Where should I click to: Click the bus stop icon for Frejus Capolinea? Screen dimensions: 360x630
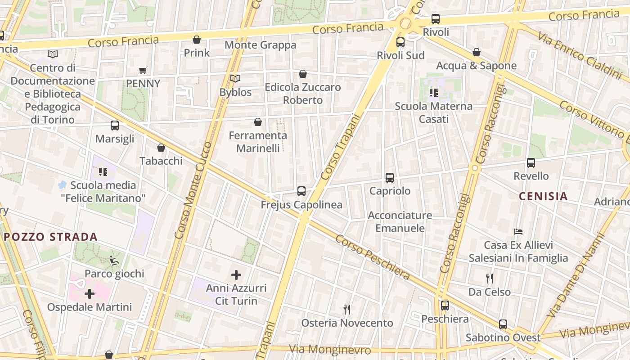tap(301, 191)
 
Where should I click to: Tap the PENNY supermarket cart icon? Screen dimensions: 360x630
tap(143, 71)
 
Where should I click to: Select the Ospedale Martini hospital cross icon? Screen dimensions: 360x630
tap(90, 294)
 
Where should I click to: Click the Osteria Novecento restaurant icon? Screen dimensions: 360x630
tap(347, 310)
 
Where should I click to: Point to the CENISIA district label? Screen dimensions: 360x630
tap(543, 196)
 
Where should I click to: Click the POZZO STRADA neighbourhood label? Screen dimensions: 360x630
tap(51, 237)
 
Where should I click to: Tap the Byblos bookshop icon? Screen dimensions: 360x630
tap(235, 79)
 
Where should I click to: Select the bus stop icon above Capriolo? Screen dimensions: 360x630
tap(390, 178)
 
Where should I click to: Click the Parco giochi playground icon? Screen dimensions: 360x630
tap(114, 260)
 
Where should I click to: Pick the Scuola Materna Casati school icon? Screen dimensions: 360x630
tap(434, 93)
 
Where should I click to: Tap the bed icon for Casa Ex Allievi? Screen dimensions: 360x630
tap(518, 232)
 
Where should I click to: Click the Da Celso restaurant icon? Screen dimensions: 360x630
tap(490, 279)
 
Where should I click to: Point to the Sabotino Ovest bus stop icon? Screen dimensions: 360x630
tap(503, 324)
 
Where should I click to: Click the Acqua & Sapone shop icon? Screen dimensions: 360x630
tap(477, 53)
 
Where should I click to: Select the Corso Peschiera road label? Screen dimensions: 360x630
tap(373, 258)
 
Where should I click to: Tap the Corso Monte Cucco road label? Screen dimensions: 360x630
tap(193, 190)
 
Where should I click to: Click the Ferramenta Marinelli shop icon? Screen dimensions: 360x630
tap(258, 122)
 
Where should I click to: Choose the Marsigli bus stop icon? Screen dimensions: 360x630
tap(115, 126)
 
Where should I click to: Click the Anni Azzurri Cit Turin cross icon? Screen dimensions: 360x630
tap(236, 275)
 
